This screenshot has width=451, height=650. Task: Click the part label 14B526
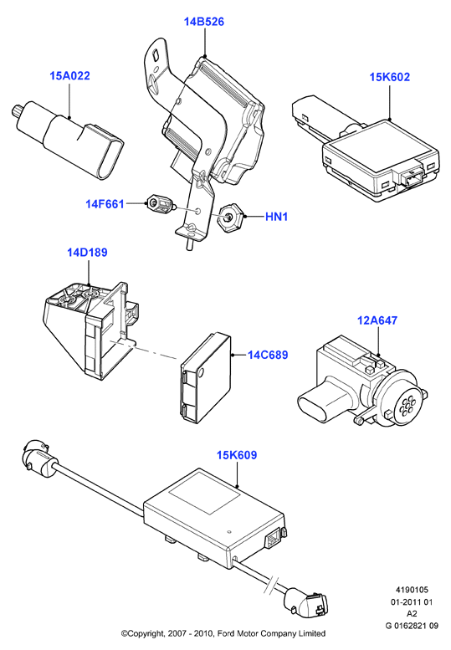coord(204,22)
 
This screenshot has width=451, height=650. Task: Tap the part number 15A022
coord(69,76)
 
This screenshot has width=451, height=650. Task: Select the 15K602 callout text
coord(390,77)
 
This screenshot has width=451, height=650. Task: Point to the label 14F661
coord(105,204)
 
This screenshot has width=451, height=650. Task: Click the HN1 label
coord(276,217)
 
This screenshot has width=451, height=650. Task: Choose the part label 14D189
coord(87,252)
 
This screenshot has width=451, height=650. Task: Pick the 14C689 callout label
coord(268,355)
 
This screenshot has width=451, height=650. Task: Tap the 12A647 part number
coord(377,320)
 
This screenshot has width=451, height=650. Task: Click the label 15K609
coord(237,455)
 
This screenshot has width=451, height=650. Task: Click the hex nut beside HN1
coord(229,217)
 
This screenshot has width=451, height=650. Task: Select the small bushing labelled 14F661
coord(160,205)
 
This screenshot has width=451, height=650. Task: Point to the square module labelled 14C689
coord(206,378)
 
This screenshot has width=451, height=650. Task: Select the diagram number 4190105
coord(412,590)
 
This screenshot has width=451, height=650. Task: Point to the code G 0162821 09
coord(412,626)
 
